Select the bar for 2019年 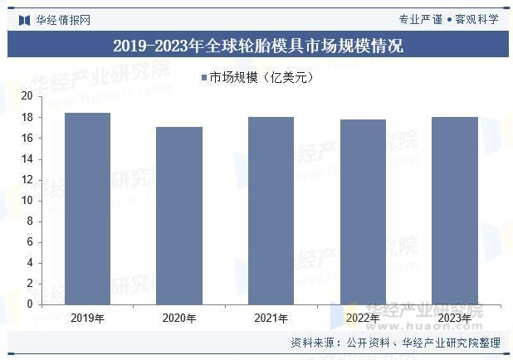87,208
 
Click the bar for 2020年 179,216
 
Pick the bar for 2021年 271,211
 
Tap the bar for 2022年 363,212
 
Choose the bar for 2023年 455,211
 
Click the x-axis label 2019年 87,318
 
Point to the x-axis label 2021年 271,318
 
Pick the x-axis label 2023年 455,318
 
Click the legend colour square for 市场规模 203,78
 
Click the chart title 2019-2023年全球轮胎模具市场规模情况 257,46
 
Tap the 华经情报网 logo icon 24,19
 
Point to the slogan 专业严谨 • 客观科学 448,19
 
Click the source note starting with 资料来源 394,343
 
